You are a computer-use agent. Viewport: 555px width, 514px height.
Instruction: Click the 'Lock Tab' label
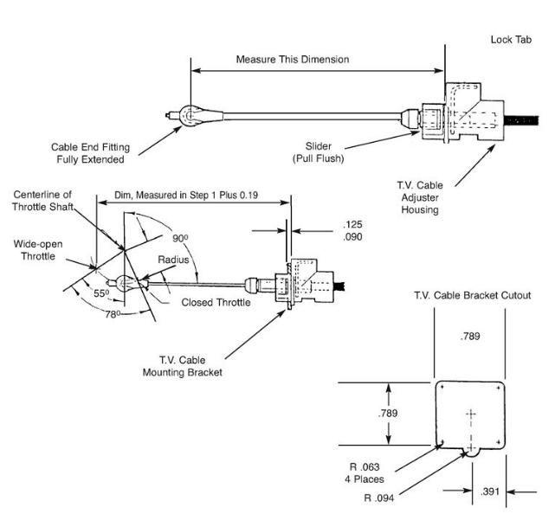(x=511, y=40)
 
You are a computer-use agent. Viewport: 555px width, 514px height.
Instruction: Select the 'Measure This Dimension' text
(x=293, y=60)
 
